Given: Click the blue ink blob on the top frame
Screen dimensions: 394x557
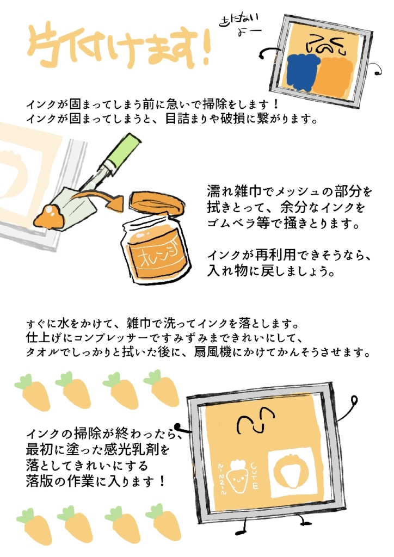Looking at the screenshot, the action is point(302,72).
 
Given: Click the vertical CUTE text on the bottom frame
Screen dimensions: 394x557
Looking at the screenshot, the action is point(254,476).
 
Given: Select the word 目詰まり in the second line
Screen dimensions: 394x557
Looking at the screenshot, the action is point(188,119).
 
